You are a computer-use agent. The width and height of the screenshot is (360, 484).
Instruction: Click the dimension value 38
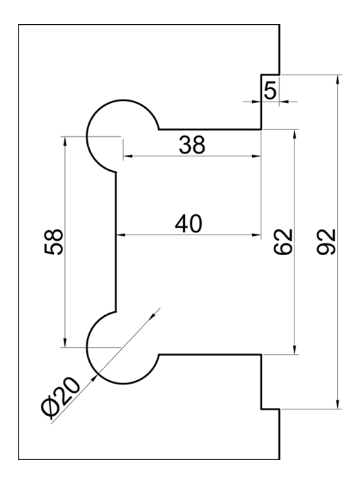[x=192, y=145]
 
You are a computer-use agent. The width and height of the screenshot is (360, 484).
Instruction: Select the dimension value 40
[x=189, y=224]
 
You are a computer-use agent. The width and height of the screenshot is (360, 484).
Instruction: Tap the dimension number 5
[x=271, y=91]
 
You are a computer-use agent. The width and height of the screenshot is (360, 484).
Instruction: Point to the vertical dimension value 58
[x=54, y=242]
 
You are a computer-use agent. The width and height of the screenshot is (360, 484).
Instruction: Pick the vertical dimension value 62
[x=283, y=242]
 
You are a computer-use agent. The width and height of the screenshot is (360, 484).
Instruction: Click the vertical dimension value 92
[x=326, y=242]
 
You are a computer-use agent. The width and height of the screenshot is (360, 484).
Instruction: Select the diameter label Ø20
[x=61, y=398]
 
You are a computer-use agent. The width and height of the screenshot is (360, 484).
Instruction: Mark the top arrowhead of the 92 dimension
[x=338, y=79]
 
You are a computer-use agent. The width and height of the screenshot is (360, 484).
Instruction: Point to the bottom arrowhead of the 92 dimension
[x=338, y=404]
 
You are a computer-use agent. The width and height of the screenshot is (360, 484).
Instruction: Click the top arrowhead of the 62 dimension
[x=295, y=134]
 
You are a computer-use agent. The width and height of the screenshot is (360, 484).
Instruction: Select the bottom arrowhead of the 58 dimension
[x=65, y=343]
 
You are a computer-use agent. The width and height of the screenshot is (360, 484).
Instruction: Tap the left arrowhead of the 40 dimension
[x=120, y=235]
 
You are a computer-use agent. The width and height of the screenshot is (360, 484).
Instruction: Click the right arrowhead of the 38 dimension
[x=256, y=156]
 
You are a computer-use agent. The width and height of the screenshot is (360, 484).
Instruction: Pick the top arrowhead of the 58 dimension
[x=65, y=141]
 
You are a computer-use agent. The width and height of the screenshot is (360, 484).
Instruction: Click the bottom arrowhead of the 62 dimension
[x=295, y=350]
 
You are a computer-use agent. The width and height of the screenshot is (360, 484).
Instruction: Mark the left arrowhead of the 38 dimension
[x=128, y=156]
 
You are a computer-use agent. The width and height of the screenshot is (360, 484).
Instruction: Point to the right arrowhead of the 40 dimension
[x=256, y=235]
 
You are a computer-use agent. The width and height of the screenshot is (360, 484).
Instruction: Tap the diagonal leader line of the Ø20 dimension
[x=106, y=366]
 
